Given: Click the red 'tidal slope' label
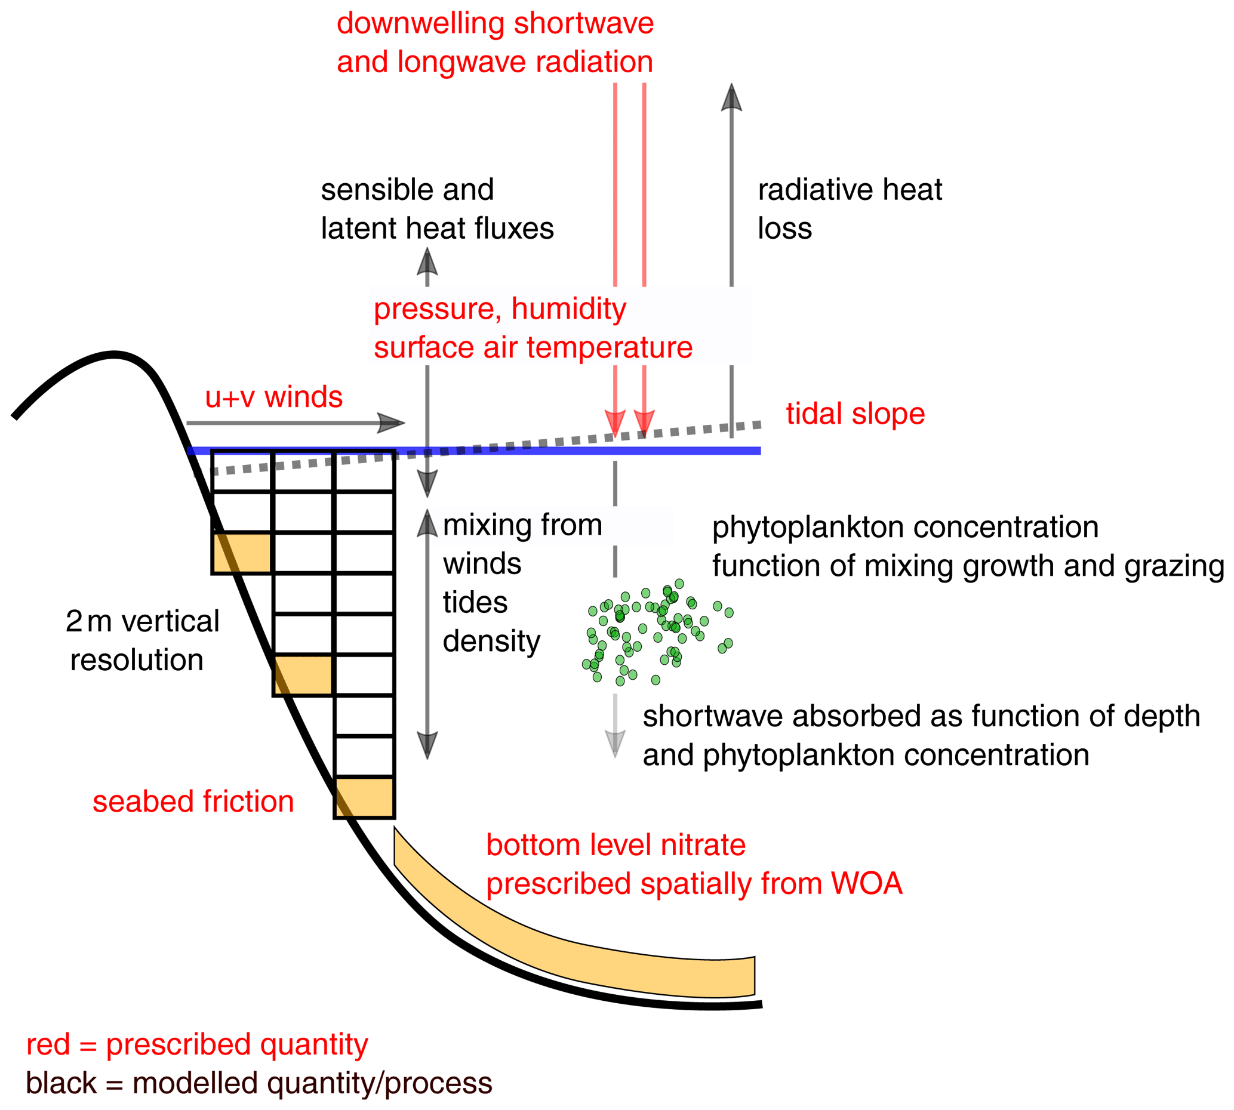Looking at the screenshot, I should [x=854, y=414].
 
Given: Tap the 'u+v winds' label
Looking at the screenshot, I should [x=273, y=397].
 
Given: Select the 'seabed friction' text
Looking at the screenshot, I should [x=193, y=801].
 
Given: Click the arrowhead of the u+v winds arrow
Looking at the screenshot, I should [x=390, y=423].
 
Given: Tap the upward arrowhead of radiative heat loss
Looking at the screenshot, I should [x=731, y=98].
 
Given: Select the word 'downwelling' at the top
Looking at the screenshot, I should [x=421, y=23].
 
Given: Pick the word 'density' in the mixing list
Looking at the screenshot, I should [x=492, y=641].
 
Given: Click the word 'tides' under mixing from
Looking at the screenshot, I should [x=475, y=603].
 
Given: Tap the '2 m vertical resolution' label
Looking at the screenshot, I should [x=141, y=640].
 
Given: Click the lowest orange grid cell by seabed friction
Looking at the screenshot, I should [x=365, y=797].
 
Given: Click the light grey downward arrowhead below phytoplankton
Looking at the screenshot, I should [x=615, y=743].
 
